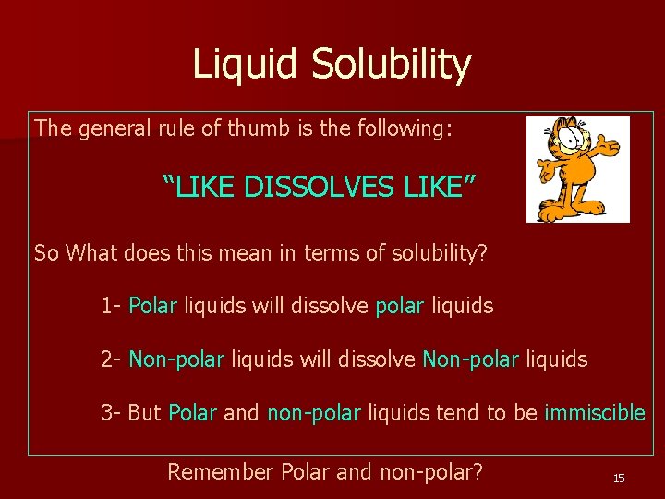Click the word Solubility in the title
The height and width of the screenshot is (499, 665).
click(x=391, y=65)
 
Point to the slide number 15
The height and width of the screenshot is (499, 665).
click(x=619, y=478)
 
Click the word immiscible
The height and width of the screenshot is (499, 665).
click(x=595, y=412)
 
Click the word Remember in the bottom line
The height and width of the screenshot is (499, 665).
click(x=221, y=471)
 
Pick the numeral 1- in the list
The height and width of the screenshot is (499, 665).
click(x=111, y=305)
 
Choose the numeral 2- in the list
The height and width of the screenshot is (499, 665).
click(x=111, y=359)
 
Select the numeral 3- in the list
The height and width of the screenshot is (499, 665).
click(x=111, y=412)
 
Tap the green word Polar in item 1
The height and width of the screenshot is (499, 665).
click(x=152, y=305)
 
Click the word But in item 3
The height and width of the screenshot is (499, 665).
click(x=144, y=412)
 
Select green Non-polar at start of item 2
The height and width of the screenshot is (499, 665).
click(x=176, y=359)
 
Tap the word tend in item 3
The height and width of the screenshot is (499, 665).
click(x=452, y=412)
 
